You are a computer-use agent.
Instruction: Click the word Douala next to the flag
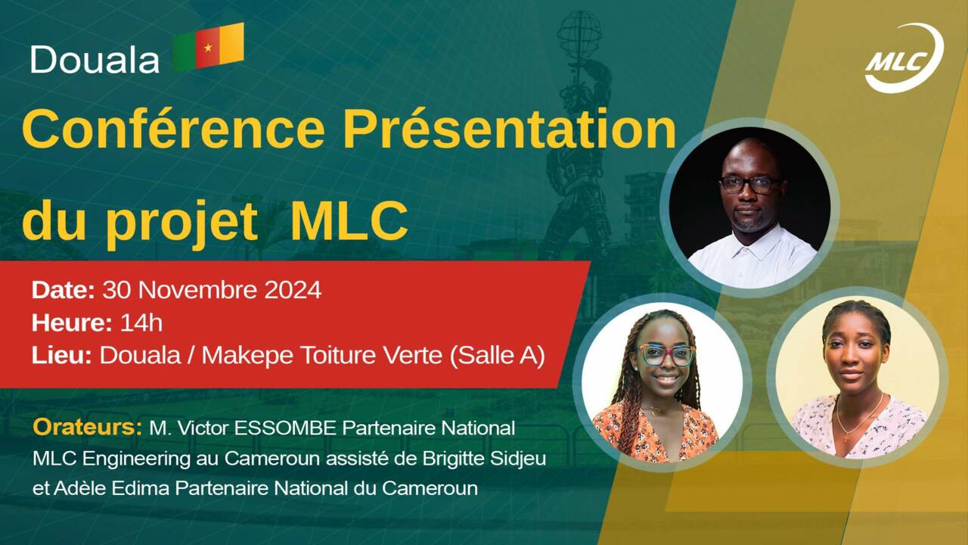(x=95, y=59)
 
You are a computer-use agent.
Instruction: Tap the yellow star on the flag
(x=208, y=47)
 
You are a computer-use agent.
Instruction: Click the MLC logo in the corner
(x=904, y=59)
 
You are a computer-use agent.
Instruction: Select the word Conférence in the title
(x=173, y=129)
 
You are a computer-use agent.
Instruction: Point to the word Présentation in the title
(x=510, y=129)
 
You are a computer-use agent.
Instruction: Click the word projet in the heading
(x=182, y=223)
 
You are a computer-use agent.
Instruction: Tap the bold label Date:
(x=63, y=290)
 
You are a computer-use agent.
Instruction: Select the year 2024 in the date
(x=293, y=290)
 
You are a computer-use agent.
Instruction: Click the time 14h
(x=141, y=322)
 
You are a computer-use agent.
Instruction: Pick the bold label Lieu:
(x=61, y=355)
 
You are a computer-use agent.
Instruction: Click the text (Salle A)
(x=497, y=356)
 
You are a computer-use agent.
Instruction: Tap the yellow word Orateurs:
(x=87, y=427)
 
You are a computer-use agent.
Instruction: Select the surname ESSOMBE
(x=285, y=428)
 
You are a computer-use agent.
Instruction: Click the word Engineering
(x=136, y=459)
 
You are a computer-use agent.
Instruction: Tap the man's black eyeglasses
(x=751, y=184)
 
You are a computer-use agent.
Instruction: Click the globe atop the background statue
(x=579, y=35)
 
